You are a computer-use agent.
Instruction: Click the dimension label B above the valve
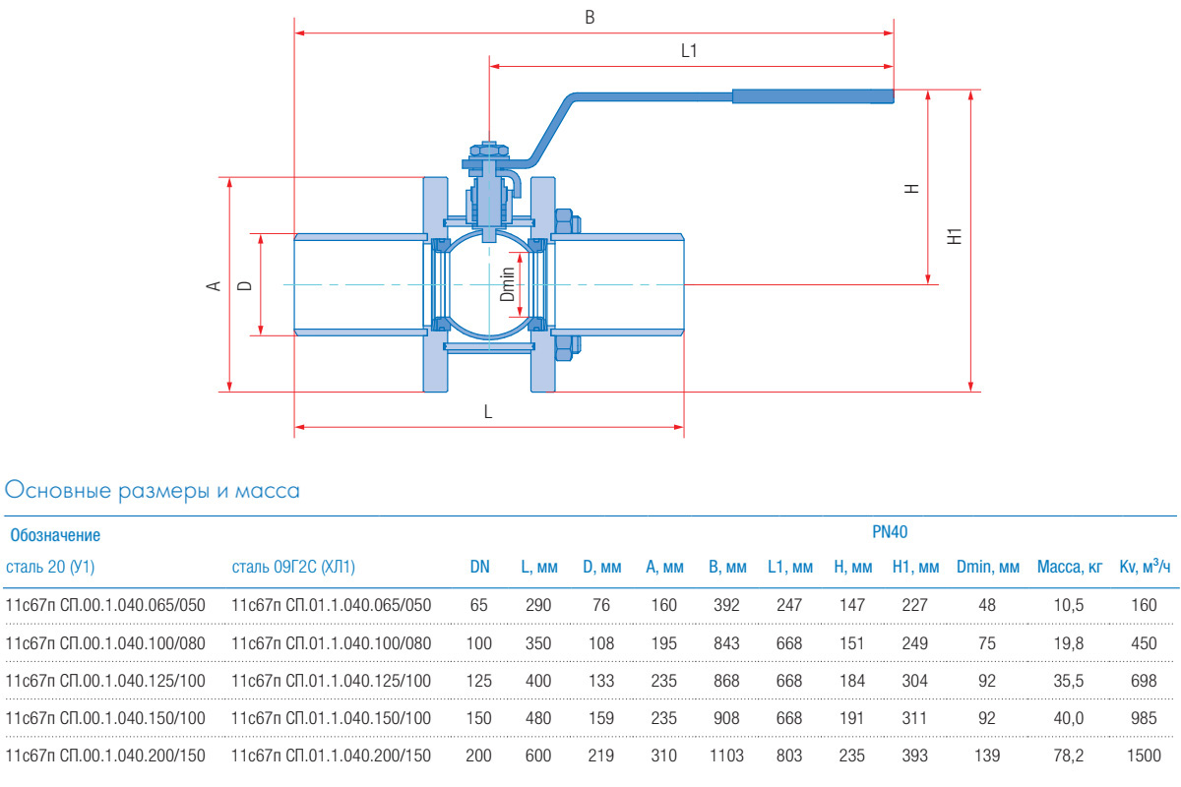[590, 18]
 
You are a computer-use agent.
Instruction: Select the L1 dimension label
[689, 52]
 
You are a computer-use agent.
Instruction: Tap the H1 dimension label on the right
[953, 236]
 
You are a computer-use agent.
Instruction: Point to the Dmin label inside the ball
[507, 283]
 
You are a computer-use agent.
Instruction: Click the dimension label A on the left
[212, 285]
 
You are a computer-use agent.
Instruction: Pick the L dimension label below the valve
[488, 413]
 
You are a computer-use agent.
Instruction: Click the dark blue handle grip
[813, 95]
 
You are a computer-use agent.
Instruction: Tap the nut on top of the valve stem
[489, 150]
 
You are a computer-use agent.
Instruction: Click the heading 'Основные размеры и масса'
[153, 490]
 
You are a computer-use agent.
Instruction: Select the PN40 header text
[890, 532]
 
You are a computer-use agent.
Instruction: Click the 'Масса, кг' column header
[1070, 567]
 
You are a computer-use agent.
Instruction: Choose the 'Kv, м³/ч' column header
[1145, 567]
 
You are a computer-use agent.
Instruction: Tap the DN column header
[479, 567]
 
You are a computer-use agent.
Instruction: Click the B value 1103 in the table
[726, 756]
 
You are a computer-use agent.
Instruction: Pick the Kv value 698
[1144, 681]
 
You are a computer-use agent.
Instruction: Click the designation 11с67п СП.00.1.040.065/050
[105, 605]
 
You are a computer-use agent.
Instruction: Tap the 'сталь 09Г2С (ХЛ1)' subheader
[293, 567]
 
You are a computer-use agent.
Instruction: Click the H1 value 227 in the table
[914, 605]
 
